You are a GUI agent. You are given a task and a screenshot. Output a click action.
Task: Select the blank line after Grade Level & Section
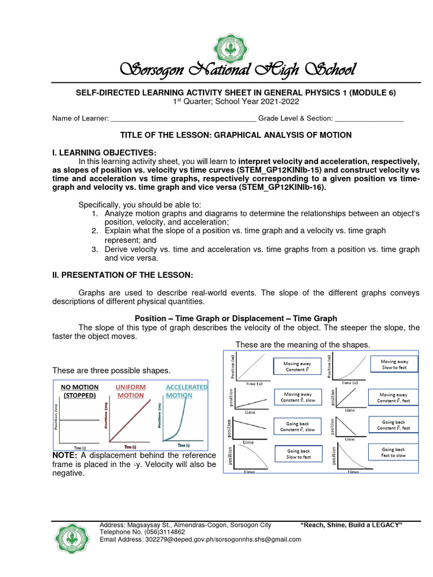[x=369, y=119]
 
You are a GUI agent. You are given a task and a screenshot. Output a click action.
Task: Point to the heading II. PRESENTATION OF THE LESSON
[x=122, y=274]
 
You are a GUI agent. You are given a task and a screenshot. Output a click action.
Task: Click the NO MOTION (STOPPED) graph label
[x=79, y=391]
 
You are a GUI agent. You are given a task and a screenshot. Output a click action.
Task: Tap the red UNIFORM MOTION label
[x=130, y=391]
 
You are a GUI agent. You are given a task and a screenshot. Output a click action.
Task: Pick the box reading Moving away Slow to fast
[x=394, y=364]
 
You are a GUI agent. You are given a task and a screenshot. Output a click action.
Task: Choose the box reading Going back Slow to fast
[x=298, y=454]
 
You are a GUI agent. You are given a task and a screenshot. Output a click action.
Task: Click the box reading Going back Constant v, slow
[x=298, y=426]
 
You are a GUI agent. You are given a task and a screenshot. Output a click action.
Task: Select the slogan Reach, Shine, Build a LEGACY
[x=352, y=525]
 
